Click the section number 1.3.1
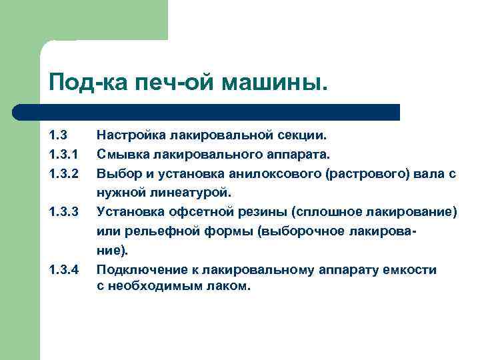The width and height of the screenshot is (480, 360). pos(64,155)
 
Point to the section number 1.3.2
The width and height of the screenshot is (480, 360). pos(64,174)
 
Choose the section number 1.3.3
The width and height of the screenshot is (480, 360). pos(64,213)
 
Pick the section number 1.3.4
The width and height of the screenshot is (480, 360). pos(64,270)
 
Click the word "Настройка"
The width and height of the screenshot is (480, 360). pos(131,136)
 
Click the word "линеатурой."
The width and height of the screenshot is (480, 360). pos(189,193)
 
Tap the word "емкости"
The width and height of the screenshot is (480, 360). pos(412,270)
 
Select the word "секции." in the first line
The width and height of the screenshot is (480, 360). pos(303,136)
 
